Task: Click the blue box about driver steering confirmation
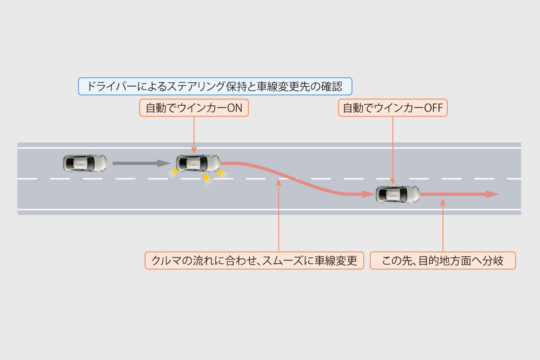tap(214, 86)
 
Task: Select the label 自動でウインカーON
tap(194, 108)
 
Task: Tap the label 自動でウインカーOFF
tap(393, 108)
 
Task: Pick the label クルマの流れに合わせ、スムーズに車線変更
tap(255, 261)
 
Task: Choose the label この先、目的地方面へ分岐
tap(442, 261)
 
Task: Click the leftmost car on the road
tap(85, 163)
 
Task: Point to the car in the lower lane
tap(398, 194)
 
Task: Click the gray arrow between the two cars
tap(139, 163)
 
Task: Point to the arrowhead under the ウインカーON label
tap(194, 151)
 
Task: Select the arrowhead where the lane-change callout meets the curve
tap(279, 182)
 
